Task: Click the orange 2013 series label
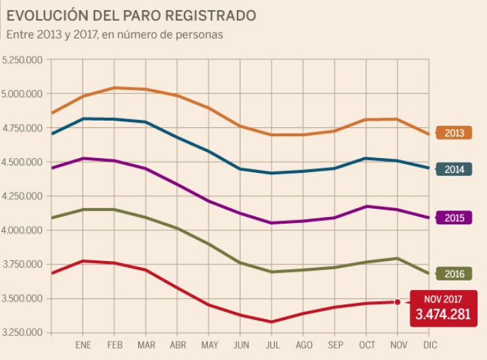tap(454, 133)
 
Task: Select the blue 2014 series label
tap(454, 169)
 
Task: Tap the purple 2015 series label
tap(454, 218)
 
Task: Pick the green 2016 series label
tap(454, 274)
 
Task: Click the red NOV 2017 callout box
tap(443, 308)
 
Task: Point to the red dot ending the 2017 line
tap(397, 302)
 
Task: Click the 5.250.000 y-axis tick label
tap(22, 60)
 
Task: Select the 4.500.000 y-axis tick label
tap(22, 162)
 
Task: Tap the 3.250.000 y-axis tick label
tap(22, 333)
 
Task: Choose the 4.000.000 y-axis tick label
tap(22, 231)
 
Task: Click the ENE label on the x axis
tap(83, 346)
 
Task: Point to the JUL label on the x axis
tap(271, 346)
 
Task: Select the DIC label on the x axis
tap(429, 346)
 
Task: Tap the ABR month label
tap(177, 346)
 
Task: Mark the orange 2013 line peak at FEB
tap(114, 87)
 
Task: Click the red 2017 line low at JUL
tap(271, 322)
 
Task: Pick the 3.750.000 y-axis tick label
tap(22, 264)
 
